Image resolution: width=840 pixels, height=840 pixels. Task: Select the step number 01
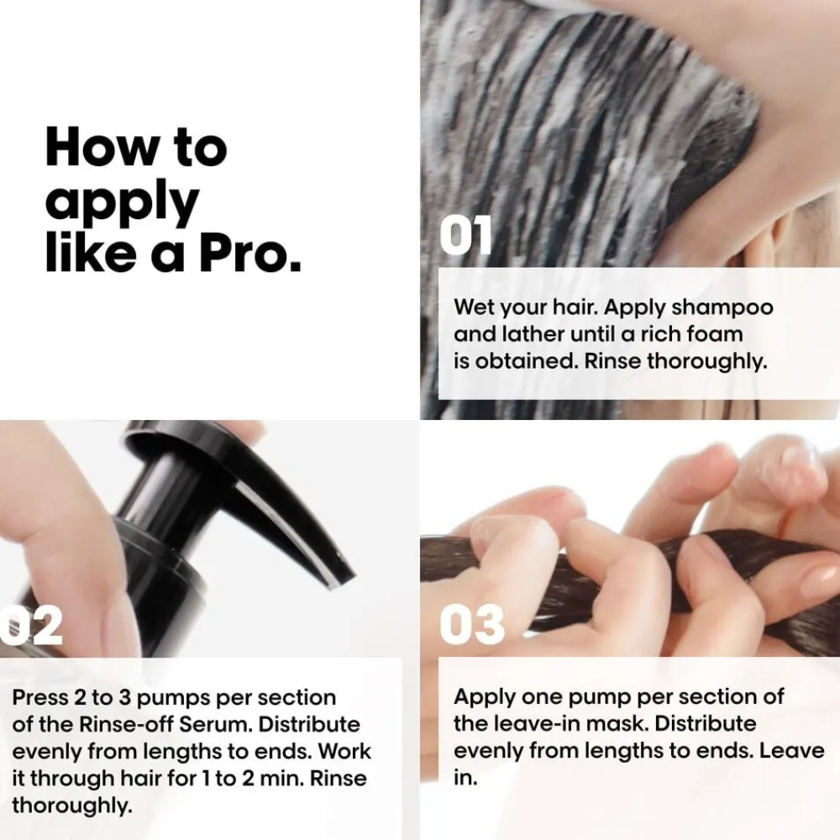coord(465,235)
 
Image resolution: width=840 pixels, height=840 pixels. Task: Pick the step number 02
coord(31,626)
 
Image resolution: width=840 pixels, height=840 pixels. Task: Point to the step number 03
coord(472,624)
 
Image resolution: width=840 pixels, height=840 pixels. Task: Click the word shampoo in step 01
coord(722,308)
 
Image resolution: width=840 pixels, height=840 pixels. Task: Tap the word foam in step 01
coord(715,334)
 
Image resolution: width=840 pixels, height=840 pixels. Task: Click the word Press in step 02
coord(40,697)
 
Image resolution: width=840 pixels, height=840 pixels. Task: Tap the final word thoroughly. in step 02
coord(71,806)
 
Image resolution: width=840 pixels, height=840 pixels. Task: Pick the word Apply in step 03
coord(485,698)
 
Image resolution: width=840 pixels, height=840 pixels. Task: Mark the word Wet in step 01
coord(472,307)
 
